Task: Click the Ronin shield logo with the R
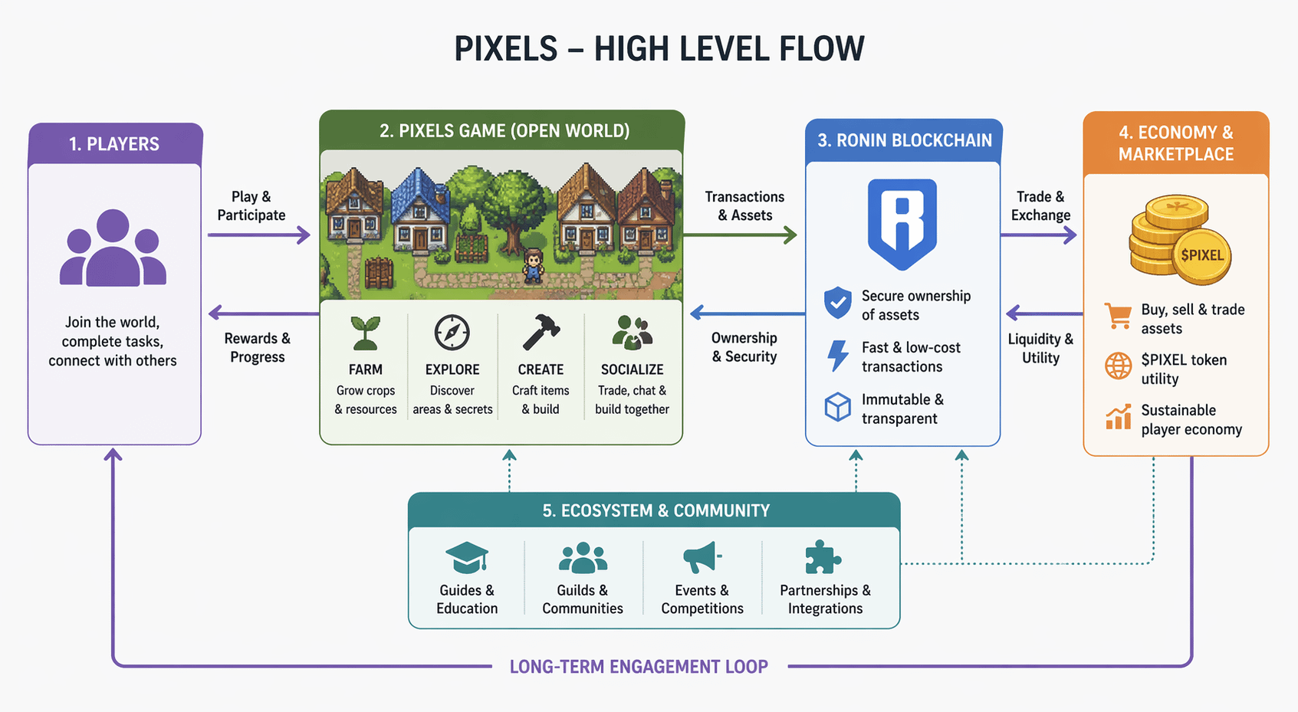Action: click(902, 223)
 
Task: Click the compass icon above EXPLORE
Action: click(452, 333)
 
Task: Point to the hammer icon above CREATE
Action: click(541, 332)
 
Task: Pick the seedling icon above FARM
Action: click(365, 333)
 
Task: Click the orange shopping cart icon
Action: click(1118, 315)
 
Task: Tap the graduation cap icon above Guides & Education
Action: click(466, 557)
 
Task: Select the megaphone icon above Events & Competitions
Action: click(702, 557)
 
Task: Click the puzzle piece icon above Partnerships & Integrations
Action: click(823, 557)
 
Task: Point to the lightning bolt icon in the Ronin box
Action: click(838, 356)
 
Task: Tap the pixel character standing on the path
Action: click(533, 266)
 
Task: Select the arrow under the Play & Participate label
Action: click(258, 235)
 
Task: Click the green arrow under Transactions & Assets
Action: click(740, 235)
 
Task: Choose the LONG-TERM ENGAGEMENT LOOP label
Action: click(639, 667)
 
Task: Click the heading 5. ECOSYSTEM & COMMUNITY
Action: click(656, 510)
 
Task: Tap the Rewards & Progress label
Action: click(257, 347)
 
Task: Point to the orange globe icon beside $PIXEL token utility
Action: click(1118, 366)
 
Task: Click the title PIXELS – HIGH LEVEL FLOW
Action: click(659, 49)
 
